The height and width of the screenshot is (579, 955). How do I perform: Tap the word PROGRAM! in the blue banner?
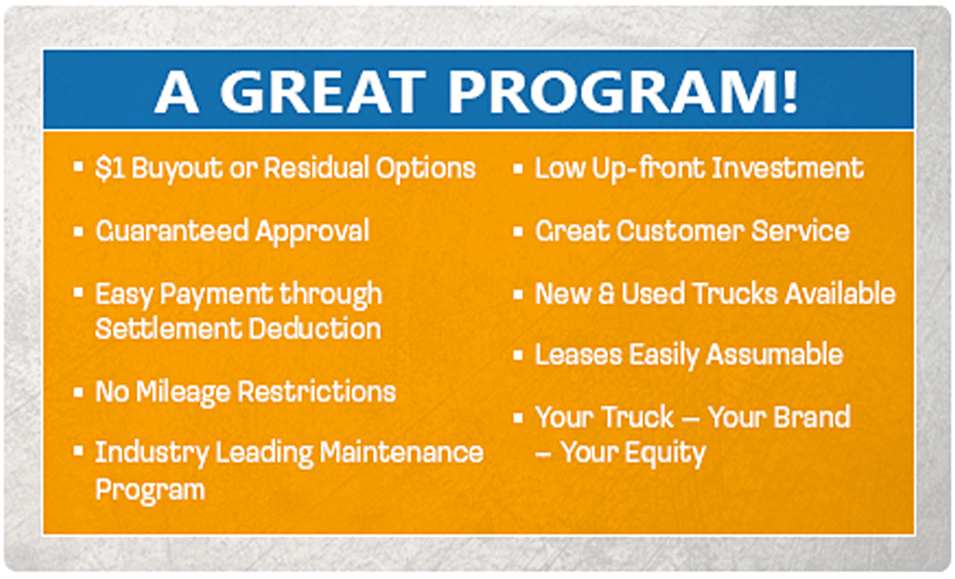click(623, 92)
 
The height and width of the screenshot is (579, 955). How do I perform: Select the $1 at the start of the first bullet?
click(109, 168)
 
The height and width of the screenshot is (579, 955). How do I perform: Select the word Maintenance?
click(401, 452)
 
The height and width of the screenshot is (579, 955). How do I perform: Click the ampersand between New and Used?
click(606, 293)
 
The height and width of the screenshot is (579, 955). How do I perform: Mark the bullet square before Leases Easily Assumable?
click(518, 355)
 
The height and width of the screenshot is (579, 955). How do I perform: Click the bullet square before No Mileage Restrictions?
click(78, 392)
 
